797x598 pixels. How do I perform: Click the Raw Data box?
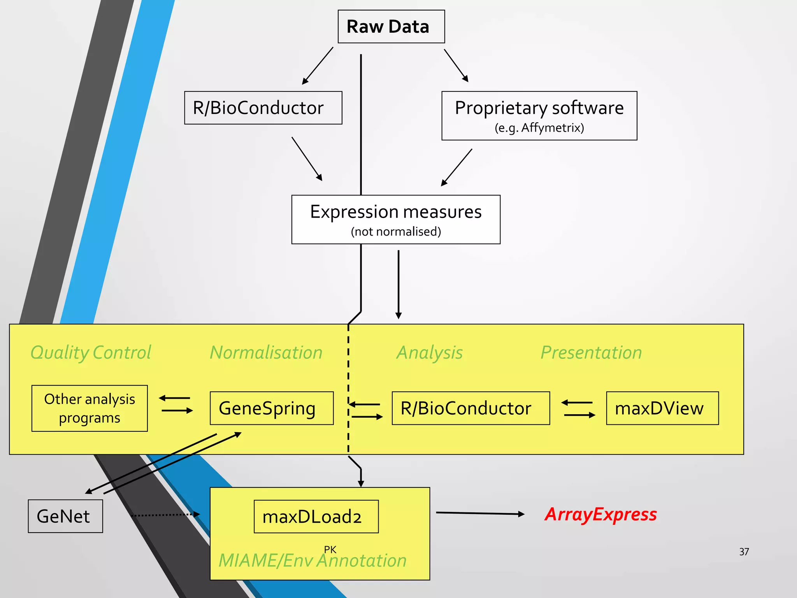point(391,26)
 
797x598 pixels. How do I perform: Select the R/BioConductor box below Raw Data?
point(263,108)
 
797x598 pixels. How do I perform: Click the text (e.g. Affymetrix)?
point(539,128)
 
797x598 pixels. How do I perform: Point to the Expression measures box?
point(395,219)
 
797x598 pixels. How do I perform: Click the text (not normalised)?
point(395,232)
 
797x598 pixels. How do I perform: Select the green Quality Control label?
point(91,353)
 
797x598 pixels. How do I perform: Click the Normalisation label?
point(266,353)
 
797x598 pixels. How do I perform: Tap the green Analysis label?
point(429,353)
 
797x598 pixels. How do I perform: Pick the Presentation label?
point(591,353)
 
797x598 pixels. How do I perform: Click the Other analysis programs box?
point(90,408)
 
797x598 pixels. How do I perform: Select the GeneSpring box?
point(271,408)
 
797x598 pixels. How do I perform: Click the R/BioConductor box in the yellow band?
point(470,408)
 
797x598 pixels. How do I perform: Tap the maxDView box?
point(662,408)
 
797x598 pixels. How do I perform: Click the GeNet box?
point(65,516)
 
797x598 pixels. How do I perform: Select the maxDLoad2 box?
point(316,516)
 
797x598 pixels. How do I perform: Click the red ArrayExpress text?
point(600,514)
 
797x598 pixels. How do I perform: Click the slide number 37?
point(744,552)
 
